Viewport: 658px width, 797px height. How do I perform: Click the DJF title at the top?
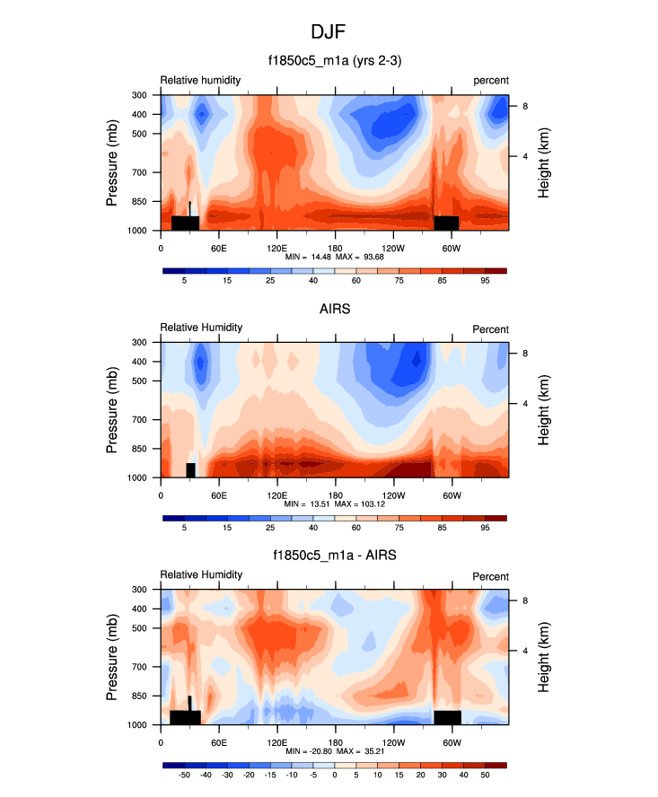(329, 32)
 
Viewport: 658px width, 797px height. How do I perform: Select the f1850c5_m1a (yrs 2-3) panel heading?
(334, 62)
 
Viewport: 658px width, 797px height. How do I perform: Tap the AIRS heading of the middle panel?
(334, 310)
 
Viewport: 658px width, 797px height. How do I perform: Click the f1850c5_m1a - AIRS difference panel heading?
(334, 556)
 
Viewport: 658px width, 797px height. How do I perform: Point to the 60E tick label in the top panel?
(218, 248)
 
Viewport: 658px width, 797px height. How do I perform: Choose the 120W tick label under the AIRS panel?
(392, 495)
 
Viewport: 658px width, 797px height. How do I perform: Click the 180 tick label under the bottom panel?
(334, 742)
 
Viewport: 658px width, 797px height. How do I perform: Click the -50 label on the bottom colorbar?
(184, 774)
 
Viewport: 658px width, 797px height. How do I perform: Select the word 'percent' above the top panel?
(491, 81)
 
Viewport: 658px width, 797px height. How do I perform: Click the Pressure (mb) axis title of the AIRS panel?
(113, 409)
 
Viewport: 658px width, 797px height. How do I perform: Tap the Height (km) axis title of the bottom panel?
(543, 657)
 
